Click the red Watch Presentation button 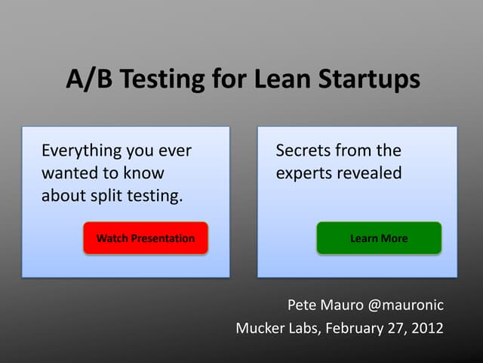(146, 238)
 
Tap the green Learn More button (379, 238)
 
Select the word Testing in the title (155, 79)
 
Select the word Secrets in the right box (303, 150)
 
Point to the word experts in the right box (304, 174)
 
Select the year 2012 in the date (426, 329)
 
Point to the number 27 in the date (395, 329)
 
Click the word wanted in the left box (67, 173)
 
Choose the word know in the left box (144, 173)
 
